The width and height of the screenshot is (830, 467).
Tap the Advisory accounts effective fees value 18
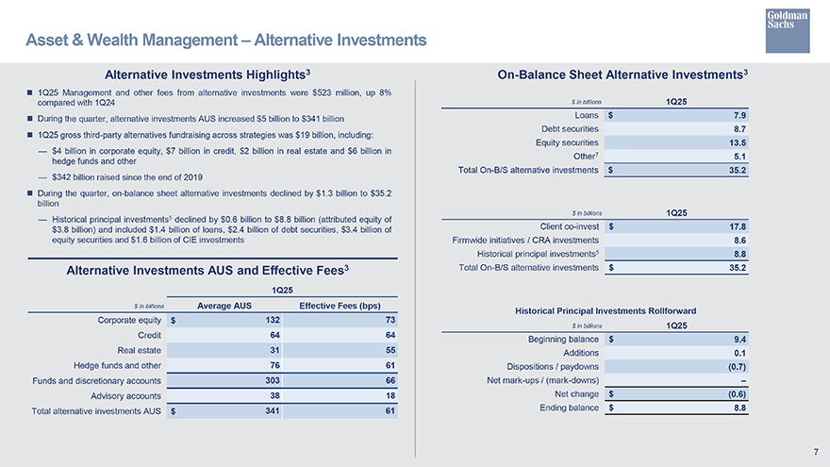click(x=390, y=396)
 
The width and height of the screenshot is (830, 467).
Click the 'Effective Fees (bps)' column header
click(x=339, y=305)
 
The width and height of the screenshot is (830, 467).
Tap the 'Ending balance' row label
click(x=569, y=408)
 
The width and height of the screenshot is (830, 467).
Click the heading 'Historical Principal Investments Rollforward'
click(x=619, y=310)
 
